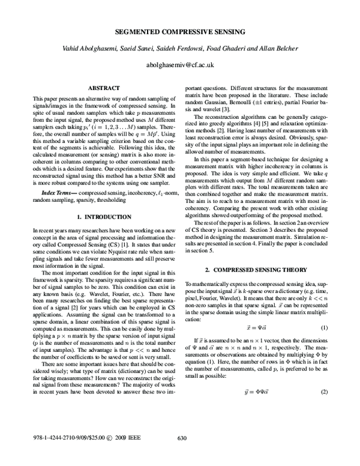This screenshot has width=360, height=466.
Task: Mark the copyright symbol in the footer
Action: [x=104, y=454]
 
